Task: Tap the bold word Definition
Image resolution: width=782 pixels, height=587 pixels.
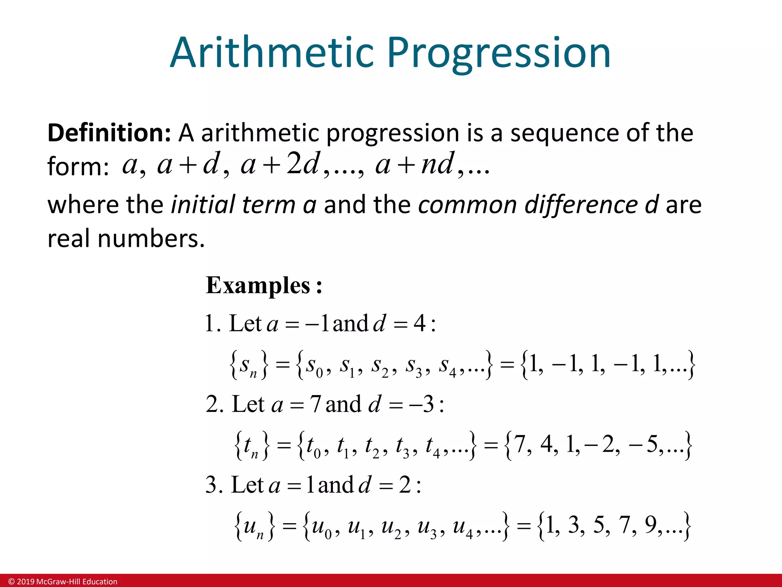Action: pos(109,133)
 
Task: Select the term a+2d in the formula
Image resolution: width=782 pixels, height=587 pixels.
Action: pos(280,164)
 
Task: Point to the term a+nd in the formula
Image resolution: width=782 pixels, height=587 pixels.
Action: pos(415,164)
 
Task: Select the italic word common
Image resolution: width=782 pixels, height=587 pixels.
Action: pos(467,204)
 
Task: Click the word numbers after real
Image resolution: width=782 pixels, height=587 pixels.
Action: pos(151,238)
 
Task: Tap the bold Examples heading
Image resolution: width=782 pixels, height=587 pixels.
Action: pos(263,285)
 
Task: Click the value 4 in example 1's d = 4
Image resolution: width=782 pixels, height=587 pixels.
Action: pos(419,323)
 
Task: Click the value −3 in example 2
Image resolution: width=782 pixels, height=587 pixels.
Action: pos(422,404)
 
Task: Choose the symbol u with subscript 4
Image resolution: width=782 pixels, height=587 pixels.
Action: pos(462,527)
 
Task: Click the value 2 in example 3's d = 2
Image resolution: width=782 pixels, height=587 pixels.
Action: pos(405,485)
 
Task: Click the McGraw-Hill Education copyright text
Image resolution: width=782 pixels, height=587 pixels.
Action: pos(63,581)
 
